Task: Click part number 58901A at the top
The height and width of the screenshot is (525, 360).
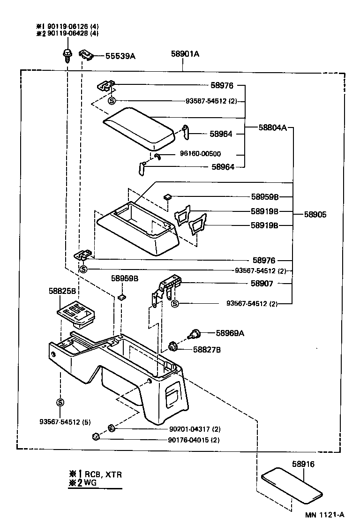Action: [185, 54]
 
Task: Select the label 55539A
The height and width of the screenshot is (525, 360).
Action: [120, 56]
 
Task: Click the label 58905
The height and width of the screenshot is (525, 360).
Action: [315, 214]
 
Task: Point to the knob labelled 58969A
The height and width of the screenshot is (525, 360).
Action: [194, 334]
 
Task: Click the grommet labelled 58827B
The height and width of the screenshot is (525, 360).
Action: [173, 347]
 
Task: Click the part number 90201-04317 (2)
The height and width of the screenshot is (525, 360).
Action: [194, 428]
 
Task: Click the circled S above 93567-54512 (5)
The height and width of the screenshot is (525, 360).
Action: [60, 402]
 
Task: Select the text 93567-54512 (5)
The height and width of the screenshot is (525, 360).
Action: [65, 421]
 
